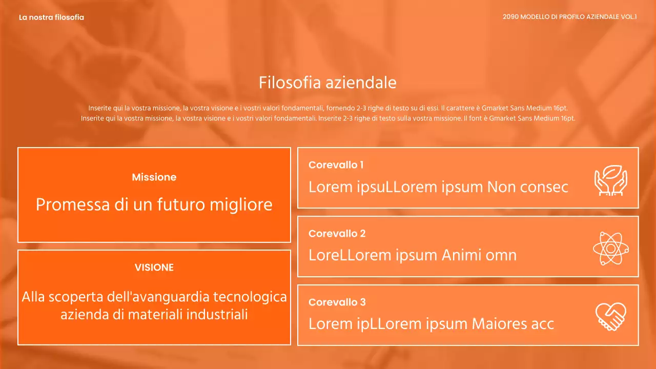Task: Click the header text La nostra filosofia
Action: [51, 17]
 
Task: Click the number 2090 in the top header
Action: [510, 17]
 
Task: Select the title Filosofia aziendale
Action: [327, 83]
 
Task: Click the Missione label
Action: [154, 177]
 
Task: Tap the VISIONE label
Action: [154, 268]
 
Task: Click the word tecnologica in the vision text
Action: [250, 297]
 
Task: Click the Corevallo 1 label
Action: [336, 165]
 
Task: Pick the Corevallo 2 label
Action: [337, 234]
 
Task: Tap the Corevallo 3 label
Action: [337, 302]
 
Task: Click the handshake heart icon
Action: [610, 317]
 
